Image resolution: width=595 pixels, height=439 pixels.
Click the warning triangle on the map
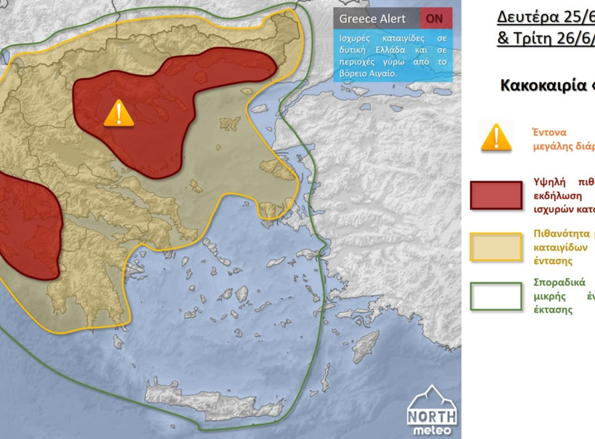pyautogui.click(x=118, y=113)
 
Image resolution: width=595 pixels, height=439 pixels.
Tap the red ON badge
pyautogui.click(x=435, y=18)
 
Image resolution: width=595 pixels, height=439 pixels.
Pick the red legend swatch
pyautogui.click(x=496, y=194)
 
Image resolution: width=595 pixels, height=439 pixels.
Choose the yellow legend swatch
pyautogui.click(x=496, y=247)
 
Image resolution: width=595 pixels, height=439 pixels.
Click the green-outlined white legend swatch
pyautogui.click(x=496, y=296)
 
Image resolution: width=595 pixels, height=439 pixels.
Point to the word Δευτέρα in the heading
pyautogui.click(x=534, y=17)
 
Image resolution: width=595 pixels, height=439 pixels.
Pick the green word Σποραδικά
pyautogui.click(x=559, y=282)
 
